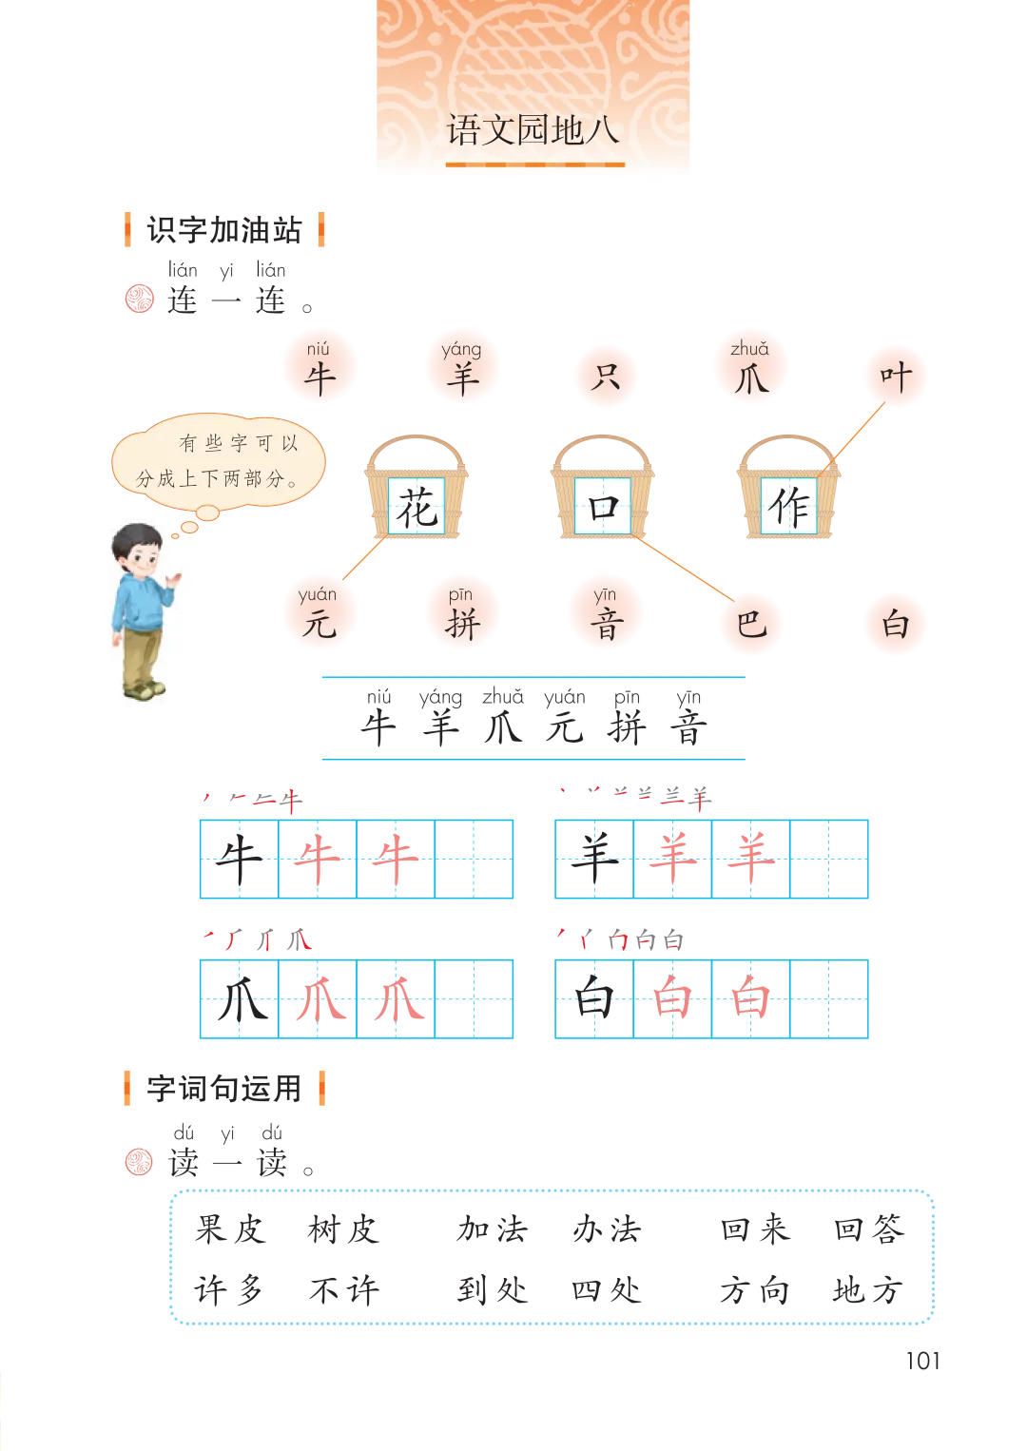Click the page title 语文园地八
tap(533, 130)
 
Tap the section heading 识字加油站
tap(224, 230)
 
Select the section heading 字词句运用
tap(224, 1088)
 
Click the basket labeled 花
tap(417, 487)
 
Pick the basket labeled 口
tap(603, 487)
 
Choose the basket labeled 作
tap(788, 487)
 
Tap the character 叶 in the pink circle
tap(896, 377)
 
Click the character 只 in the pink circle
tap(605, 377)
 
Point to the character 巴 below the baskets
tap(751, 624)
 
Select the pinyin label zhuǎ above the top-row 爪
tap(749, 349)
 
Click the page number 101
tap(922, 1361)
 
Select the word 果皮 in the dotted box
tap(231, 1229)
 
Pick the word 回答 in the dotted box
tap(869, 1229)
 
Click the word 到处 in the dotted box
tap(493, 1289)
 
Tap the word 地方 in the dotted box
tap(869, 1289)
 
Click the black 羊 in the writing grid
tap(594, 859)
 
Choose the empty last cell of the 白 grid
tap(828, 998)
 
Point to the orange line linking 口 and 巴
tap(683, 568)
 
